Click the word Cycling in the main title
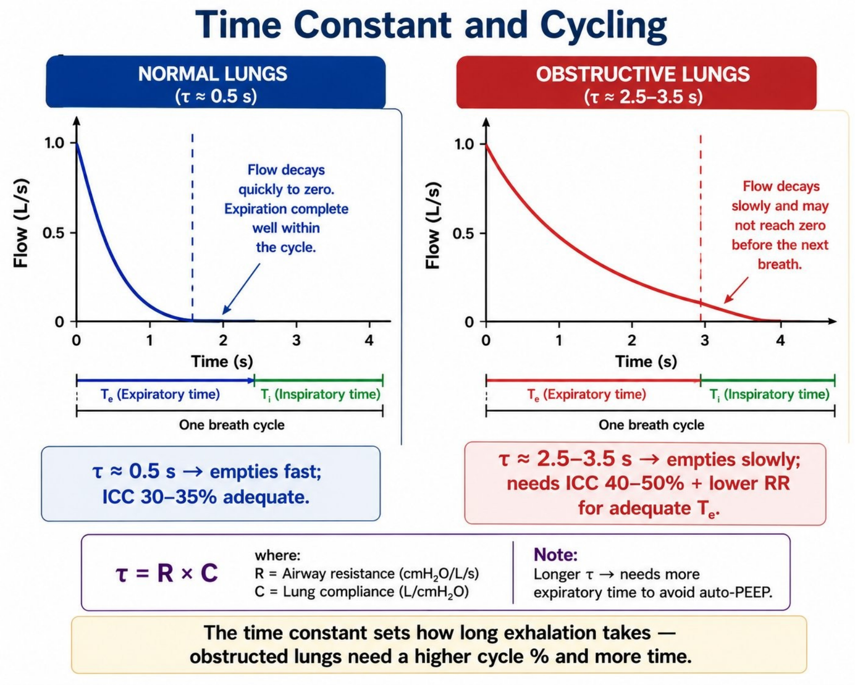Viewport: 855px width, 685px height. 603,26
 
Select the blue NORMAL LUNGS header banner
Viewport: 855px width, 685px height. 216,82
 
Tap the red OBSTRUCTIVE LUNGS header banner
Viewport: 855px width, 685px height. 636,83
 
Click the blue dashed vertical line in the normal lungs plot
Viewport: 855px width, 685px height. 192,227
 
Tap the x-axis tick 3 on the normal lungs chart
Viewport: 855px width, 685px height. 296,340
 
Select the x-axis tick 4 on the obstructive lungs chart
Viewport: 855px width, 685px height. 780,341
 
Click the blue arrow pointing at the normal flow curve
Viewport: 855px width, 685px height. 241,289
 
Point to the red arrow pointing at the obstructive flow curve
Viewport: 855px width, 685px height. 736,290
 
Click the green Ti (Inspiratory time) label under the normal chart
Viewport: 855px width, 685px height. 321,395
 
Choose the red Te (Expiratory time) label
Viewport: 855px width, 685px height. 586,395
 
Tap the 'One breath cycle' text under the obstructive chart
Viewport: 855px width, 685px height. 651,425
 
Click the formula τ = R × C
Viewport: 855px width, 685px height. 166,574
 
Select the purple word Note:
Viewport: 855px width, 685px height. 555,555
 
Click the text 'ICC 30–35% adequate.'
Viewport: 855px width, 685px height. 206,497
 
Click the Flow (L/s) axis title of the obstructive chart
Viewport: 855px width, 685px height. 432,225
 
